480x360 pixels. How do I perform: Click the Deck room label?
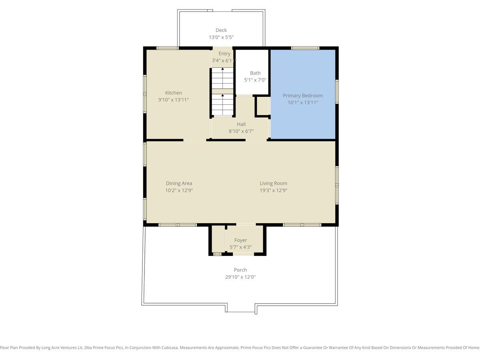click(221, 30)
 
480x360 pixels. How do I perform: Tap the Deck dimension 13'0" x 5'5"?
click(221, 37)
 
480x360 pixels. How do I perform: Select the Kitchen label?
click(174, 93)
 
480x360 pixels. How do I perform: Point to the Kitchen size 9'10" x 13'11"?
click(174, 100)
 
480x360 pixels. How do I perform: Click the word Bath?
click(255, 73)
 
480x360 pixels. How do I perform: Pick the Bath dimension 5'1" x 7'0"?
click(255, 80)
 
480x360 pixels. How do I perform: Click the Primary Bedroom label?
click(303, 96)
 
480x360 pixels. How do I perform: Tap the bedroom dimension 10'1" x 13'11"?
click(303, 102)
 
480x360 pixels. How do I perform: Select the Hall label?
click(241, 124)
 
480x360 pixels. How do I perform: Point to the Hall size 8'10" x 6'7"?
click(241, 131)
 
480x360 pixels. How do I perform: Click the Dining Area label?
click(179, 183)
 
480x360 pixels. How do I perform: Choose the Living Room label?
click(273, 183)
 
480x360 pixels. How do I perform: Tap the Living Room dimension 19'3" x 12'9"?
click(273, 190)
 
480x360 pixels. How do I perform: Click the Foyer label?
click(240, 240)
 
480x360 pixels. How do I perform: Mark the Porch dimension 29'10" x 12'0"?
click(240, 277)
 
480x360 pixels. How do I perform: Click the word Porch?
click(240, 270)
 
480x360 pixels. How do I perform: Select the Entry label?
click(224, 54)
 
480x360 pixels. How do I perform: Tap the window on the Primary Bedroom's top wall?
click(305, 48)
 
